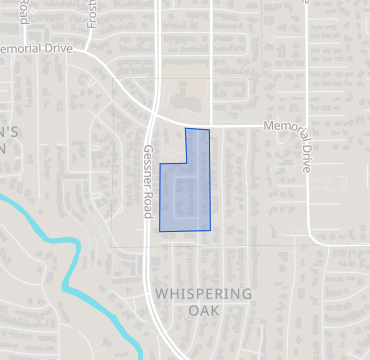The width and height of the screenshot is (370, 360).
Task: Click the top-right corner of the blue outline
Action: (209, 130)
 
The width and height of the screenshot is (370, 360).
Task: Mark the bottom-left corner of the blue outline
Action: (160, 231)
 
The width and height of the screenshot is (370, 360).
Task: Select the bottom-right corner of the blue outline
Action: (210, 230)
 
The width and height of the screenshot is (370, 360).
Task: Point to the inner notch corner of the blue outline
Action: (186, 163)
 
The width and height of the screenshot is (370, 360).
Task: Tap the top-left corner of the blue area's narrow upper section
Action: (186, 129)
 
